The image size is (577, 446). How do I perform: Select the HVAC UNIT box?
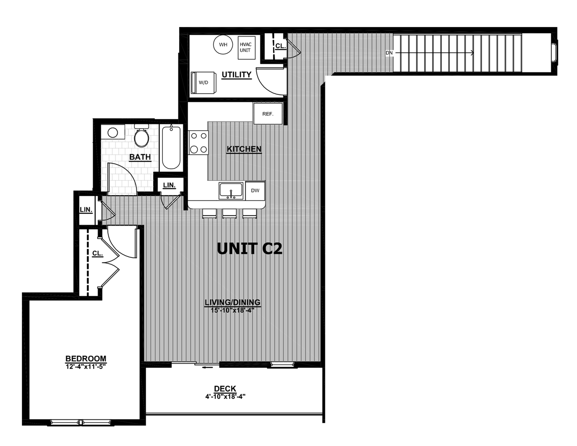click(247, 48)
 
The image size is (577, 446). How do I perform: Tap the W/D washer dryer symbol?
click(203, 82)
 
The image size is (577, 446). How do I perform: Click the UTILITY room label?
click(236, 75)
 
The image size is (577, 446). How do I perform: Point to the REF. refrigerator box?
click(268, 114)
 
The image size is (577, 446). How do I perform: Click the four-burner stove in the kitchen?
click(198, 143)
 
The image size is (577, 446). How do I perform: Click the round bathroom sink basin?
click(113, 133)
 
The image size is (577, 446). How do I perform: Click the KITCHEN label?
click(244, 149)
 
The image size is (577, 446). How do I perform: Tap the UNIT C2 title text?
click(250, 249)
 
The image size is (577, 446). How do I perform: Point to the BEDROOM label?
click(86, 359)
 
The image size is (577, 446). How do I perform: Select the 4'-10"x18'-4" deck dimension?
click(225, 397)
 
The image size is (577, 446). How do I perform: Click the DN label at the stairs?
click(389, 53)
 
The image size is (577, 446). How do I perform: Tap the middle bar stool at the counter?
click(229, 214)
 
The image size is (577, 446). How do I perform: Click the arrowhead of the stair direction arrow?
click(472, 53)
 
